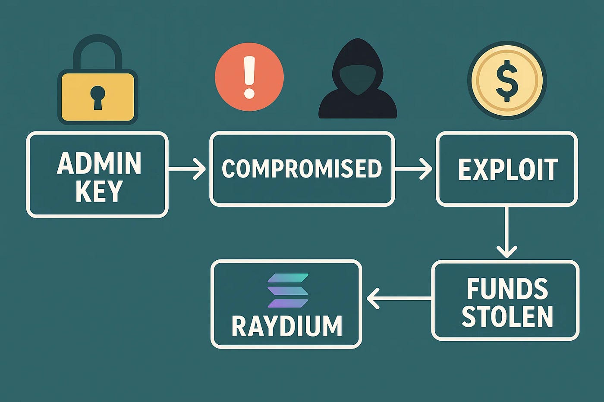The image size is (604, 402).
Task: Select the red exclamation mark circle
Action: [x=249, y=77]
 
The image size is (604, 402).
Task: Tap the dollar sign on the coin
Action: [x=507, y=81]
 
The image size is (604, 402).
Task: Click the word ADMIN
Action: [x=99, y=163]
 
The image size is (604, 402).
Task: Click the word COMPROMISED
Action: [x=302, y=168]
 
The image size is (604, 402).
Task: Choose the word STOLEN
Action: [x=507, y=316]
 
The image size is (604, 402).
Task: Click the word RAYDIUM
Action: [x=286, y=326]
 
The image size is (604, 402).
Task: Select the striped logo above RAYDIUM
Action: [x=288, y=290]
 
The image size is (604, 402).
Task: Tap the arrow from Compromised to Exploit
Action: [x=413, y=169]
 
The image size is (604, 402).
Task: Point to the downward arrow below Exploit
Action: [x=506, y=232]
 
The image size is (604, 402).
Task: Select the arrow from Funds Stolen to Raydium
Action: [x=399, y=298]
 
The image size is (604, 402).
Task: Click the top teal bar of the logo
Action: [x=288, y=277]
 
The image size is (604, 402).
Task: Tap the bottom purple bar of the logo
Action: [x=288, y=303]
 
